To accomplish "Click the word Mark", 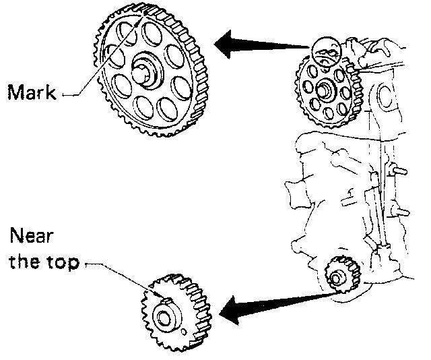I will [33, 92].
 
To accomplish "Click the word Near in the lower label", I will [30, 237].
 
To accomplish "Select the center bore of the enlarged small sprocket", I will [164, 316].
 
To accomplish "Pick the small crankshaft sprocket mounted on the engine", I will [336, 275].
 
